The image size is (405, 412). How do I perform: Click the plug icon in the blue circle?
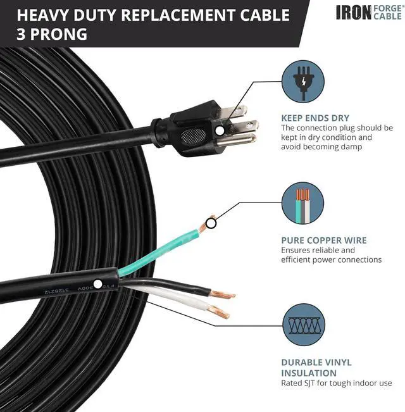point(302,81)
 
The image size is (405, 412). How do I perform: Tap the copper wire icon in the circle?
point(302,203)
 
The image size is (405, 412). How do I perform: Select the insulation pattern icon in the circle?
point(302,325)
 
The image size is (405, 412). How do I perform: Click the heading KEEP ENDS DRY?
point(315,118)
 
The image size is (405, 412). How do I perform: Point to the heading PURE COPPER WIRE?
point(324,240)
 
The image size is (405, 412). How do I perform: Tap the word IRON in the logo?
point(352,12)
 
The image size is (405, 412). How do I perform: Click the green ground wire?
point(158,253)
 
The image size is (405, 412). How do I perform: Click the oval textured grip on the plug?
point(194,135)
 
